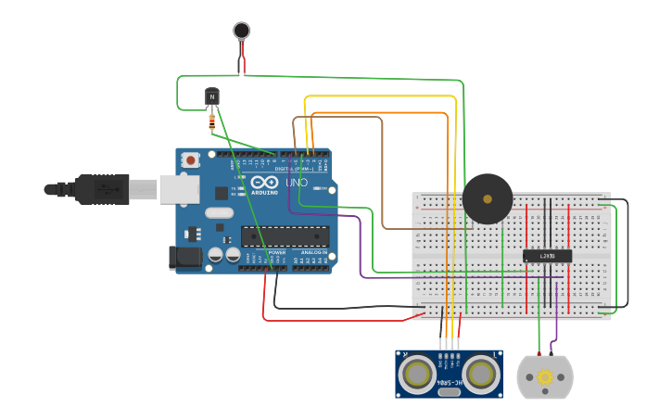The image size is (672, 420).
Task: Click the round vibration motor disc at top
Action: (x=242, y=31)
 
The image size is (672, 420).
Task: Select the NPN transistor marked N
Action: (x=212, y=96)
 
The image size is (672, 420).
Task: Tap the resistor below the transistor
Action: (x=213, y=121)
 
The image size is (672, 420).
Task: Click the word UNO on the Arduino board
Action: (x=297, y=183)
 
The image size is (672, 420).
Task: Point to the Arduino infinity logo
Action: (x=263, y=182)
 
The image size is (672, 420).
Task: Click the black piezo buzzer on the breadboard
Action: (x=488, y=198)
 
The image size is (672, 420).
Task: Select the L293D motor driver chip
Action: (x=547, y=256)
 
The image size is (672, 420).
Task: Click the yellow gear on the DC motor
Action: (x=545, y=377)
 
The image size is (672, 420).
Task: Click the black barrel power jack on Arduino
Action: (x=185, y=258)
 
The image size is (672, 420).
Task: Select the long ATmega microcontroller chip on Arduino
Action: (x=285, y=236)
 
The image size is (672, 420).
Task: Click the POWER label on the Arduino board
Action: (x=276, y=252)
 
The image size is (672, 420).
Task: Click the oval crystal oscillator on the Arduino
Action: (x=219, y=212)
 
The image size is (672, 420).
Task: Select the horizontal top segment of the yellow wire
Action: (x=380, y=96)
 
